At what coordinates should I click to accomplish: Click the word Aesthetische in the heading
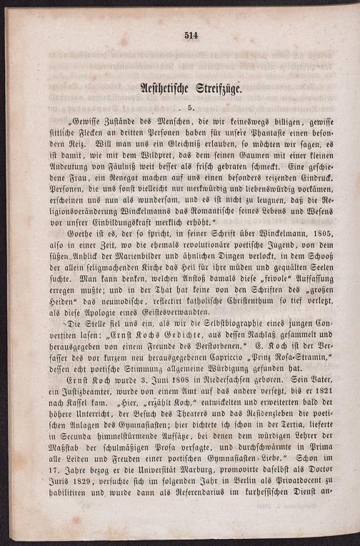153,89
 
